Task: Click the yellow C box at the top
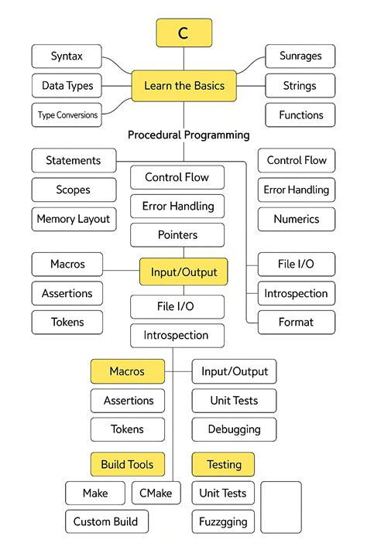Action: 183,33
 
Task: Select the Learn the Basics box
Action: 183,86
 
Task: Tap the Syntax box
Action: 67,56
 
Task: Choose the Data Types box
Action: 67,86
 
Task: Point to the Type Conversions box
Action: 67,115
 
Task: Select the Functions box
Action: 300,115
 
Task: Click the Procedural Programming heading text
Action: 188,135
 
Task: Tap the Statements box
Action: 73,161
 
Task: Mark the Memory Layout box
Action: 73,219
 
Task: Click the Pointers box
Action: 177,234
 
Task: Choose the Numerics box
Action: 297,219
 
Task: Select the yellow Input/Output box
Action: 183,272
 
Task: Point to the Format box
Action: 297,322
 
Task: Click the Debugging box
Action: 234,429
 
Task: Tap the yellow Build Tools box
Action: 127,465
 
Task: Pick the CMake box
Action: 156,493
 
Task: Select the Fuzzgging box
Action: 223,521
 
